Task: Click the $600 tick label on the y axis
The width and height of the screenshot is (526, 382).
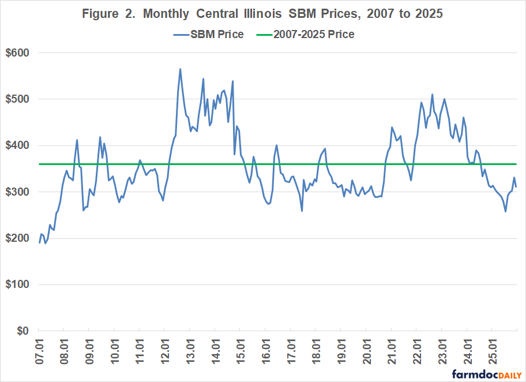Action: [x=19, y=53]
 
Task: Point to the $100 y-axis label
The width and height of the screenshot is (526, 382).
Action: [x=19, y=284]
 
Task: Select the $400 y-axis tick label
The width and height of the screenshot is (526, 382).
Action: [x=19, y=145]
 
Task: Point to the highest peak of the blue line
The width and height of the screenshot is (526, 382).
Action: [x=180, y=69]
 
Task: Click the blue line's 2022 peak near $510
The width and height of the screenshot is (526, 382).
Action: [x=432, y=95]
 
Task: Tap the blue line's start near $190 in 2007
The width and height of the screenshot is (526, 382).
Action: [x=39, y=242]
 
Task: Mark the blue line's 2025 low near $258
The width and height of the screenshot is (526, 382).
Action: [x=506, y=211]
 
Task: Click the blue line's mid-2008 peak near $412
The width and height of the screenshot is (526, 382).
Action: [x=77, y=140]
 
